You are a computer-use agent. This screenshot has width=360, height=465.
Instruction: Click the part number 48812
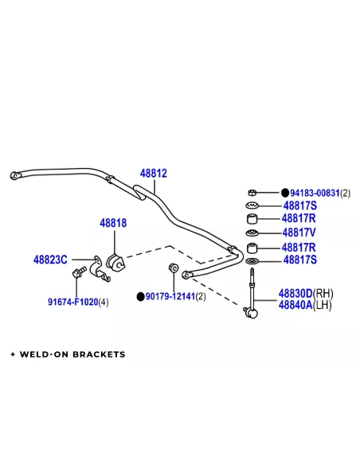pos(153,174)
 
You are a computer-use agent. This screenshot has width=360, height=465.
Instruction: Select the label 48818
pos(113,223)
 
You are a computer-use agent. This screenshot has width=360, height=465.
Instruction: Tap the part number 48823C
pos(50,260)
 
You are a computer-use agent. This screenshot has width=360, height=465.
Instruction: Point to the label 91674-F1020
pos(73,302)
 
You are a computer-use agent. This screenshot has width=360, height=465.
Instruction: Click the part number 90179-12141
pos(170,296)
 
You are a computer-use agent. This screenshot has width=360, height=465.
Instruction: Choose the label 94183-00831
pos(315,193)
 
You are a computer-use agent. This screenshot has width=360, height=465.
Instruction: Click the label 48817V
pos(299,232)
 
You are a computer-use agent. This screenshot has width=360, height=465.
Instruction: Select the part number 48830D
pos(295,294)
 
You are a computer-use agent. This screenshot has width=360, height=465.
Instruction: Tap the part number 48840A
pos(295,305)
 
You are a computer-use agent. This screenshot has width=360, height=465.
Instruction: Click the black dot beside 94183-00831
pos(285,193)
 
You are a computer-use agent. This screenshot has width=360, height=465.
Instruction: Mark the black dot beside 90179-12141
pos(140,296)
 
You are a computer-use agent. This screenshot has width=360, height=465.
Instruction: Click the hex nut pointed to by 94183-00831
pos(252,193)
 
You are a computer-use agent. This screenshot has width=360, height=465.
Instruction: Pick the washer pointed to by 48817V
pos(252,233)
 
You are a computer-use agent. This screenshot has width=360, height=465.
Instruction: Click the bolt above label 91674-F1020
pos(79,272)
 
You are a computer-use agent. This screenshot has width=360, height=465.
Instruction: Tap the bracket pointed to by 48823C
pos(99,268)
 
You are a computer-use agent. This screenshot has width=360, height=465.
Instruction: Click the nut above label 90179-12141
pos(173,268)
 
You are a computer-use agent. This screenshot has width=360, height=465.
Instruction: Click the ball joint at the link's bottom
pos(251,312)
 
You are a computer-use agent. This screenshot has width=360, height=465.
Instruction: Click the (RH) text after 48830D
pos(323,294)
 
